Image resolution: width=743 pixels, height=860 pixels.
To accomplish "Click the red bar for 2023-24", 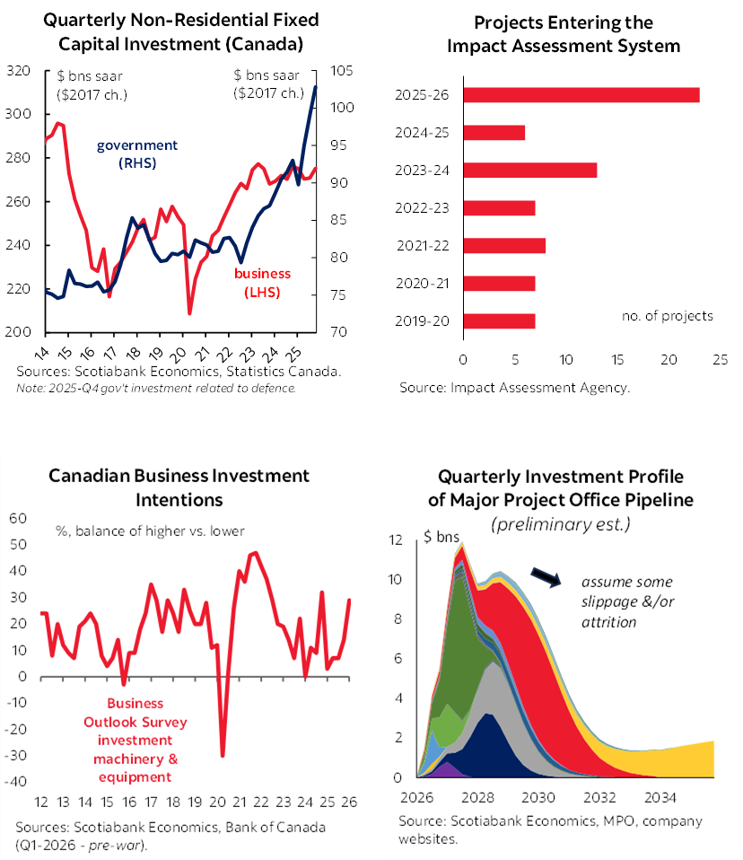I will [529, 170].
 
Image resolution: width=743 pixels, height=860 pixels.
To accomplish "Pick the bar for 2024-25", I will [494, 133].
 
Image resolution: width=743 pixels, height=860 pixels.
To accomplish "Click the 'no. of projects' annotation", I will [668, 315].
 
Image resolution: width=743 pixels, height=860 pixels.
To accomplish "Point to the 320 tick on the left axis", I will [19, 71].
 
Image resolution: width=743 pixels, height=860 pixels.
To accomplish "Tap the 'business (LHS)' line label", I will [263, 283].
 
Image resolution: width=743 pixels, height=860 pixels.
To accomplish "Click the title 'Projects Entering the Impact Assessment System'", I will [564, 33].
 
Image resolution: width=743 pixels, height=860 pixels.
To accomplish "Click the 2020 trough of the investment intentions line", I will [222, 755].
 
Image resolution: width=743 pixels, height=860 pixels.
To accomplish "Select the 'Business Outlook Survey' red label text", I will [135, 714].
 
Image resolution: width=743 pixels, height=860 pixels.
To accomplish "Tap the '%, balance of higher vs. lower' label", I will [148, 531].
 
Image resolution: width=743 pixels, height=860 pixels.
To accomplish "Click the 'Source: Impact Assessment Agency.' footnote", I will [515, 389].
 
